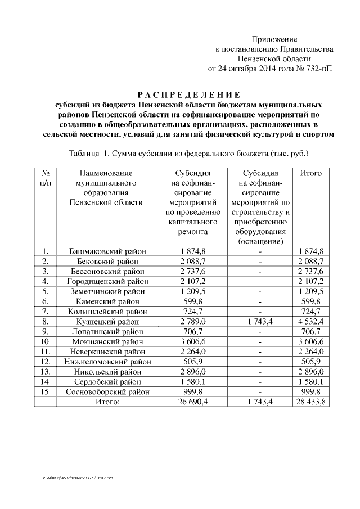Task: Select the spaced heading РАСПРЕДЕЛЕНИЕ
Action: point(189,94)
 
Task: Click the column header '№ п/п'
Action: point(48,178)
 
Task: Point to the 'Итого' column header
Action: point(311,173)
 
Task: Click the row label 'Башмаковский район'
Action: point(108,251)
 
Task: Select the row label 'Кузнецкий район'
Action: point(108,322)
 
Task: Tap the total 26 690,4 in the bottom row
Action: point(193,402)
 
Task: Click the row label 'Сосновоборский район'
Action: point(108,392)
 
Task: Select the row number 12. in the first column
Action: point(47,362)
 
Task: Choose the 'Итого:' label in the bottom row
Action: point(107,402)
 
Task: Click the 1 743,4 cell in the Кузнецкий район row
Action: point(260,322)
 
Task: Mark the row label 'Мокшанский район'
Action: point(108,341)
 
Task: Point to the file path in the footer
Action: point(78,476)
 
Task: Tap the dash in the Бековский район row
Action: point(260,261)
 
